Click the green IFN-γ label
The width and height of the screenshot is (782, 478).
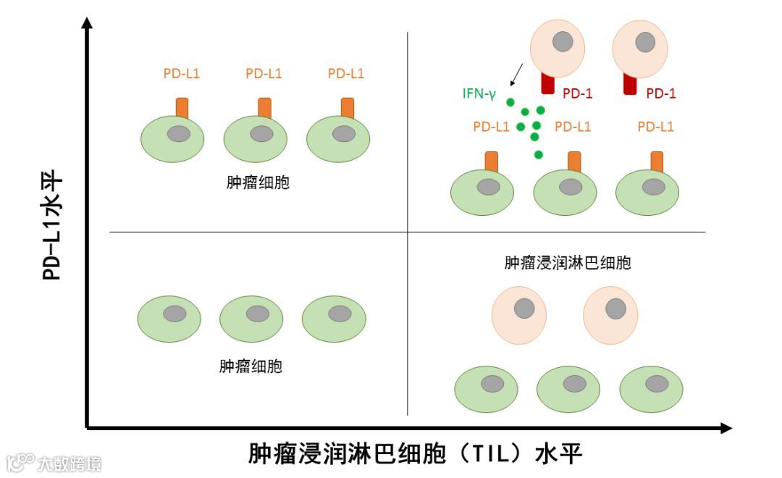tap(479, 93)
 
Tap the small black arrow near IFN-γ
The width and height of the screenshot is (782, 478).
tap(516, 74)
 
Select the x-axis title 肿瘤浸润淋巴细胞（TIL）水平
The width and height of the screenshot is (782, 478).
tap(416, 454)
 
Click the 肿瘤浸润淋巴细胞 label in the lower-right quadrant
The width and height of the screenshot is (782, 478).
tap(568, 262)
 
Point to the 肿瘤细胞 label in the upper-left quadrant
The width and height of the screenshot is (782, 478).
tap(258, 183)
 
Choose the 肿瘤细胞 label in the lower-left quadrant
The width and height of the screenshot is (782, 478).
tap(251, 366)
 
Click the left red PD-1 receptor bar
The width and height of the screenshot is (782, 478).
tap(548, 83)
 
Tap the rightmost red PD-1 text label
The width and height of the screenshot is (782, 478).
tap(660, 93)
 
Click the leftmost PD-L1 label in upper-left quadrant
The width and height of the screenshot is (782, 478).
tap(182, 73)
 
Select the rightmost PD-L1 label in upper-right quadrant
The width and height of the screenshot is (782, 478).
tap(656, 127)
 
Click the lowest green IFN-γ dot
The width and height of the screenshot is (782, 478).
tap(538, 154)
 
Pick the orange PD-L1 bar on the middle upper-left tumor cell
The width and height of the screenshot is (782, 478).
tap(264, 106)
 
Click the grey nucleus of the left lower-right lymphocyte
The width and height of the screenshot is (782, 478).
tap(524, 309)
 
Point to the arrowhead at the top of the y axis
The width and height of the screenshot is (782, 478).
tap(88, 23)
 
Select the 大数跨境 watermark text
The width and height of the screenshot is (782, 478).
tap(70, 463)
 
